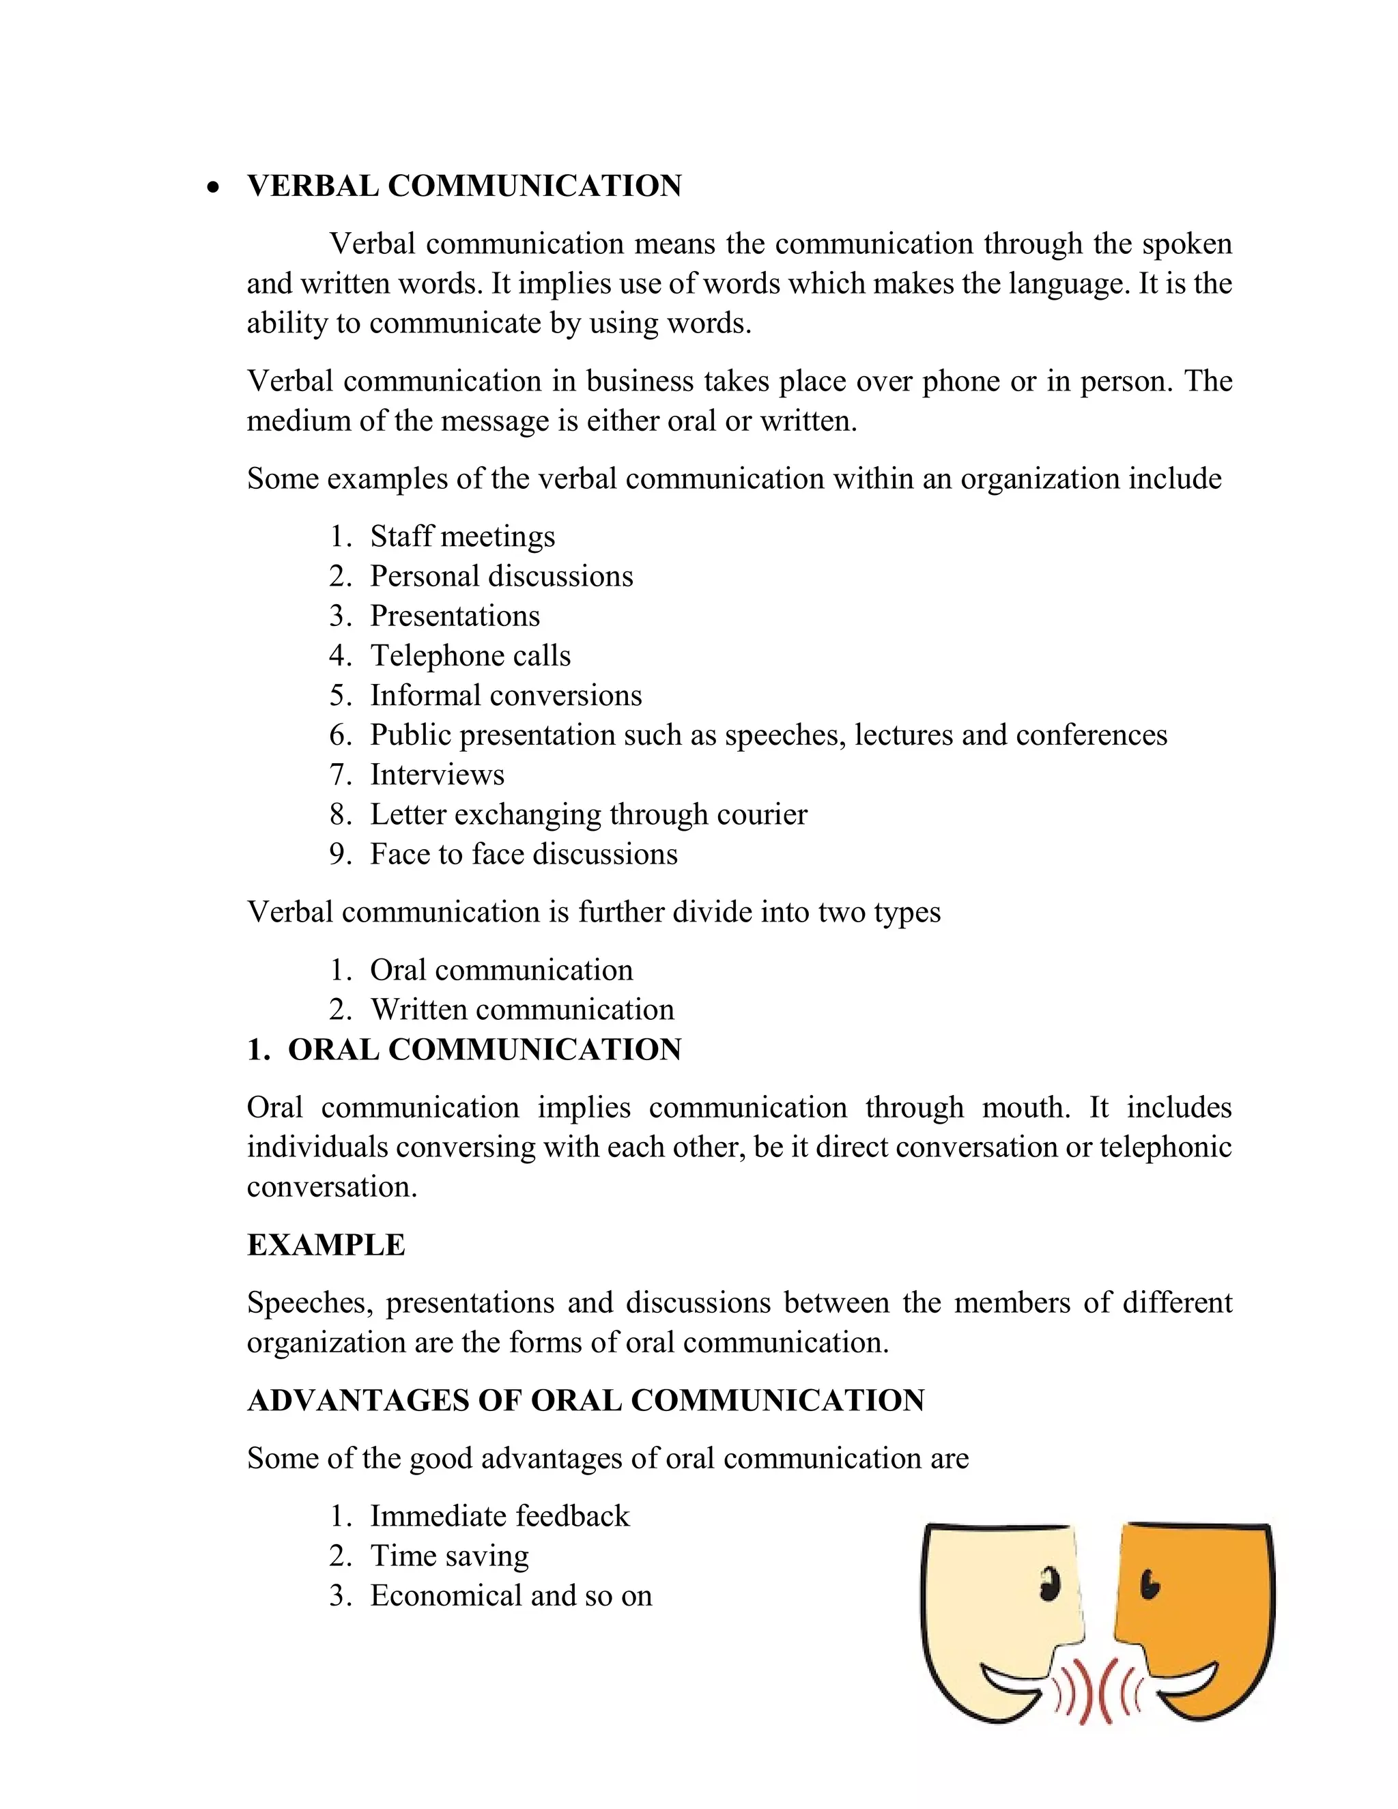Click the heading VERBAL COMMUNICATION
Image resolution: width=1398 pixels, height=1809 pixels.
(x=463, y=186)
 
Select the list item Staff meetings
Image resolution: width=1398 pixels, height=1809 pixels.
(x=462, y=537)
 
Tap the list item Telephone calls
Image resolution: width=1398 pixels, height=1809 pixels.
(x=470, y=656)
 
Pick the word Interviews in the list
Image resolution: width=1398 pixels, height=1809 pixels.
(x=436, y=775)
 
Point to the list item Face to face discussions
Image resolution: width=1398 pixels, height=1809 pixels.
(x=524, y=855)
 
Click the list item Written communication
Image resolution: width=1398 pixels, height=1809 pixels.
(x=522, y=1010)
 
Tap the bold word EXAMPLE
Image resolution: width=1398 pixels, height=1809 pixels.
(x=326, y=1246)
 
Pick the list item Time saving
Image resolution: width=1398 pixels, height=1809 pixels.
(x=449, y=1556)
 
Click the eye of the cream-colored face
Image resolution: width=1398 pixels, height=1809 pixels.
(x=1049, y=1584)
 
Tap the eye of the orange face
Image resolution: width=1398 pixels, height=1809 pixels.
(x=1150, y=1584)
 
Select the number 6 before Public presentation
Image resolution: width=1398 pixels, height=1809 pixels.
(x=339, y=735)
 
